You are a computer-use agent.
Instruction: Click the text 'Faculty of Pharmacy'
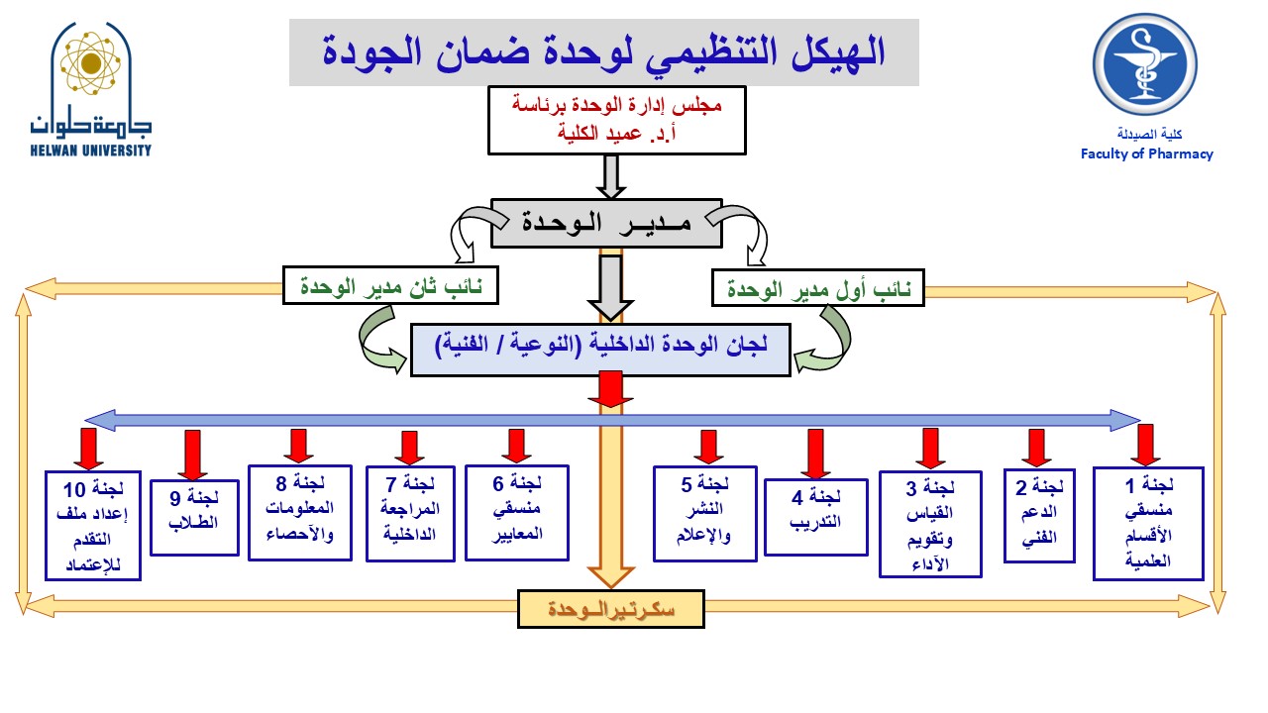[1146, 153]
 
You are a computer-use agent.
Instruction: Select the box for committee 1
[1148, 523]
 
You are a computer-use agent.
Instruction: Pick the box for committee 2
[1039, 515]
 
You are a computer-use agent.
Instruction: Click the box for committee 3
[930, 524]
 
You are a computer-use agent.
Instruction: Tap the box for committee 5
[705, 511]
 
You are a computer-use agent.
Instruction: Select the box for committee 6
[518, 512]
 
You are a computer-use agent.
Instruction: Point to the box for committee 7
[408, 513]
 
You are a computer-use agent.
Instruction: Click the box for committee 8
[299, 512]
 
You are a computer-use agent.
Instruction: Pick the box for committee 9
[194, 516]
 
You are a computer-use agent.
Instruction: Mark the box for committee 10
[93, 524]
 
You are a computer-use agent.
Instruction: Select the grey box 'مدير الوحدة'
[606, 222]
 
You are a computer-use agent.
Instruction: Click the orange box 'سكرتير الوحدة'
[610, 609]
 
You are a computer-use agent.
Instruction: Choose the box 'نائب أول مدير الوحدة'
[818, 291]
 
